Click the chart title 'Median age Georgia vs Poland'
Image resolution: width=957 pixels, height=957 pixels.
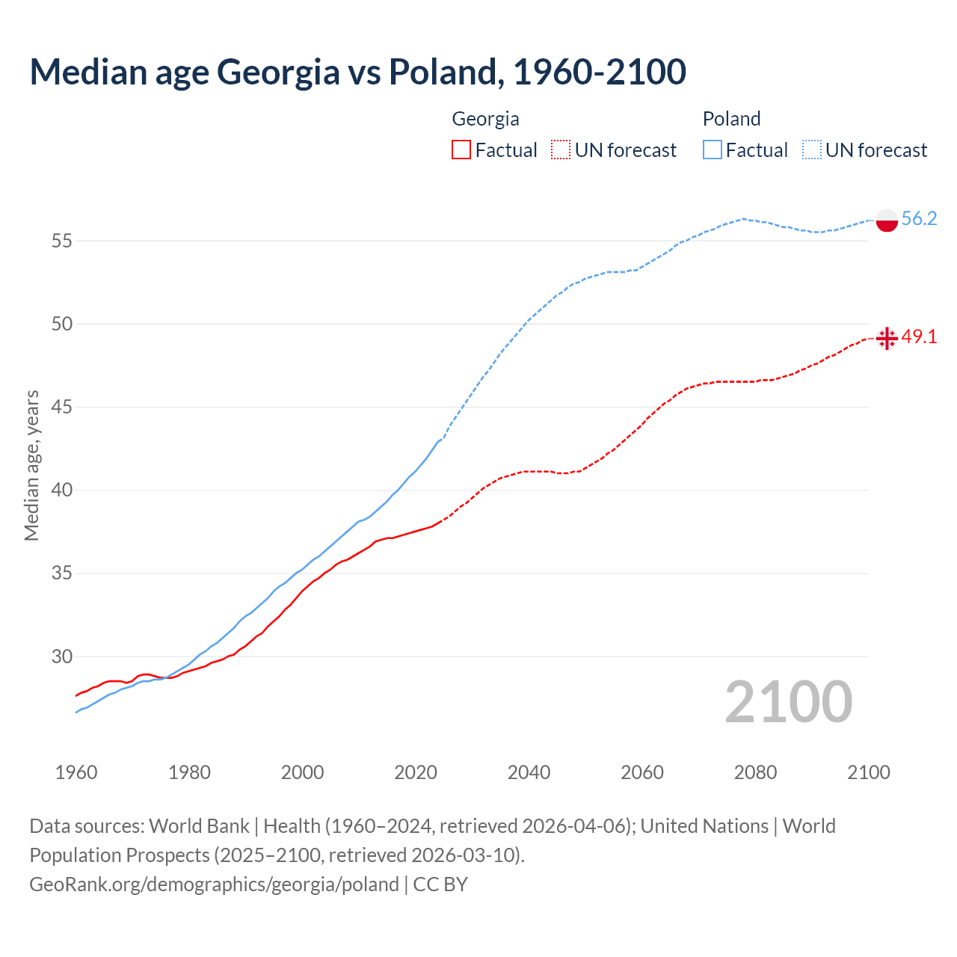(x=357, y=72)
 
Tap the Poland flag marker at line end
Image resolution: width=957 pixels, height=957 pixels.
(x=887, y=221)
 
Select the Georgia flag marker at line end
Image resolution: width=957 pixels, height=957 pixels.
(x=887, y=338)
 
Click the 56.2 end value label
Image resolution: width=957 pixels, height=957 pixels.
(x=919, y=218)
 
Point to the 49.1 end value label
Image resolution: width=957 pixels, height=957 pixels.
(x=919, y=336)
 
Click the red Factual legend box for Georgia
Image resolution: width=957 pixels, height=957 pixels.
(x=461, y=150)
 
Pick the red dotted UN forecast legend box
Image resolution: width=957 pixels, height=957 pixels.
(x=561, y=150)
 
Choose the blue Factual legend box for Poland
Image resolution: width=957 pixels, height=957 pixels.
(x=713, y=150)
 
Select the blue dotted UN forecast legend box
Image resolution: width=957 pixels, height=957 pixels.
(x=812, y=150)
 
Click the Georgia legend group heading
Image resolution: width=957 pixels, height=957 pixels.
(x=485, y=119)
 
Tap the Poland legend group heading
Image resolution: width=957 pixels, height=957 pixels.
(x=731, y=119)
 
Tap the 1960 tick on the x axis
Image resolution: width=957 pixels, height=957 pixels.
(x=76, y=772)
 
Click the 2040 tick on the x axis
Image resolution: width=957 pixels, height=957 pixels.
(x=529, y=772)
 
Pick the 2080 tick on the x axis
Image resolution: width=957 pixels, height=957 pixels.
(x=755, y=772)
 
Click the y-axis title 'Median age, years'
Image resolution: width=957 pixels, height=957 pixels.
(x=31, y=465)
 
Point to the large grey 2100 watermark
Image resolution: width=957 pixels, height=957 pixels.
(x=788, y=702)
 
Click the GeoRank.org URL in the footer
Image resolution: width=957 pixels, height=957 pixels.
(x=214, y=884)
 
